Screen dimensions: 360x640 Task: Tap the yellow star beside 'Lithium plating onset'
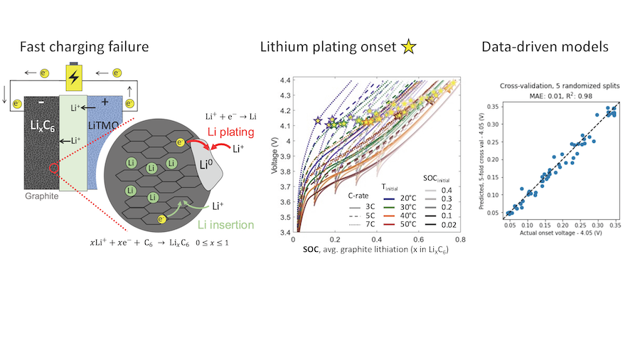(408, 48)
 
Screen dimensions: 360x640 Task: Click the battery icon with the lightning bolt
(73, 76)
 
